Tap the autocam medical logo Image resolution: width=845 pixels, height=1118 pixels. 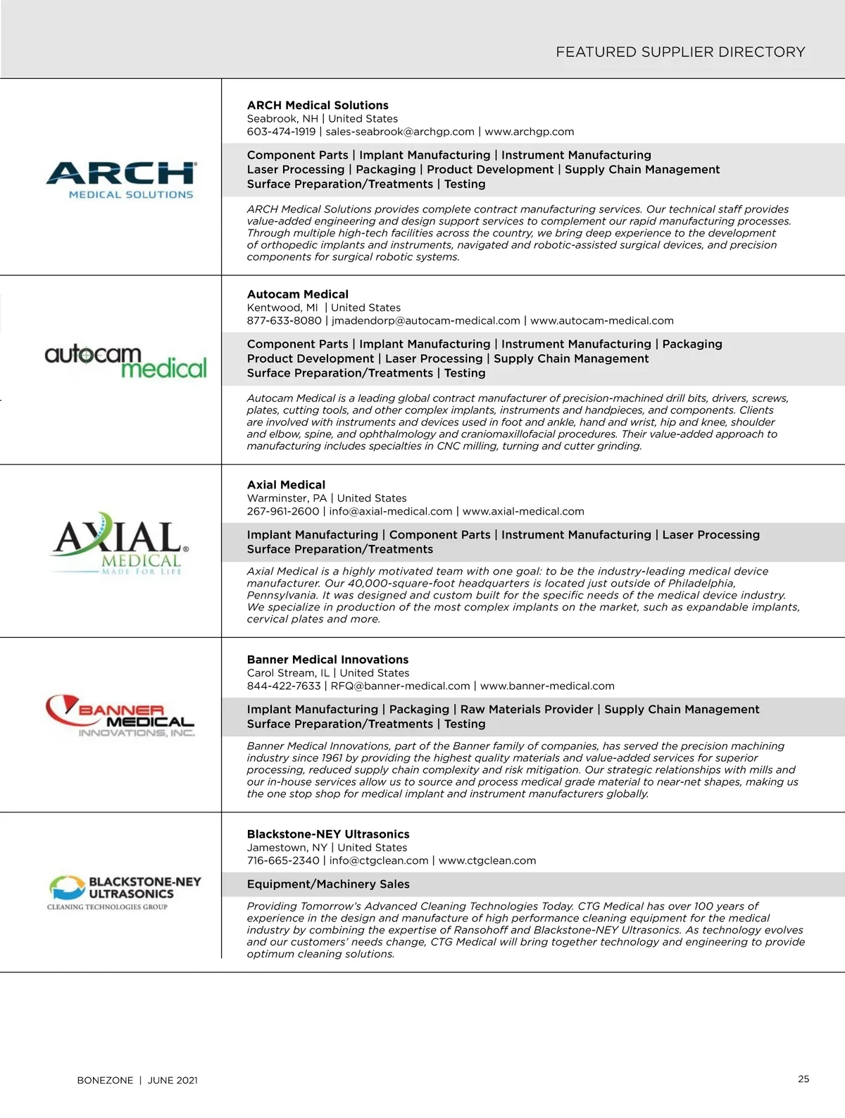(x=125, y=362)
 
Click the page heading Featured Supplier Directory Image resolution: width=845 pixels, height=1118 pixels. (x=680, y=52)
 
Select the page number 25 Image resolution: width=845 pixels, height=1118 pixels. (x=803, y=1079)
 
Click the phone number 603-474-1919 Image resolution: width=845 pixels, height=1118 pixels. (x=281, y=132)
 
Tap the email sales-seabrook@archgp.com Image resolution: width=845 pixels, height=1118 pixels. (x=399, y=132)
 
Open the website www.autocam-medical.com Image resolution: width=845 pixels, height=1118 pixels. (x=601, y=321)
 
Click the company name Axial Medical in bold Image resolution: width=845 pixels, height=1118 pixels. (x=286, y=485)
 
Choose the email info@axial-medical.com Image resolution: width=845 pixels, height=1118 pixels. (x=390, y=512)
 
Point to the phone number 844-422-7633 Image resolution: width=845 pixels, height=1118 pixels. (x=283, y=686)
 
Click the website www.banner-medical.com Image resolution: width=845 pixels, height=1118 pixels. (x=546, y=686)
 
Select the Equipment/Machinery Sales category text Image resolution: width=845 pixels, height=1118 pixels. (x=327, y=884)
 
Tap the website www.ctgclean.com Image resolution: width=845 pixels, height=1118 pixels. (x=487, y=861)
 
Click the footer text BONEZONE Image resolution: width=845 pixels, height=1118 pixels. (x=105, y=1081)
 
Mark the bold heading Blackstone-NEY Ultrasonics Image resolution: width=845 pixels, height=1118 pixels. (x=327, y=834)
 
